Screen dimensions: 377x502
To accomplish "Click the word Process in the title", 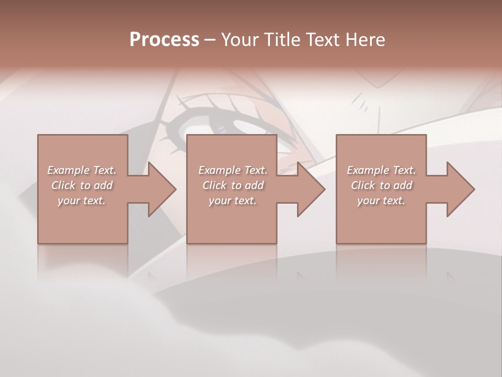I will pyautogui.click(x=164, y=40).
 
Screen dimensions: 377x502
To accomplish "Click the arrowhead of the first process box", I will pyautogui.click(x=162, y=189).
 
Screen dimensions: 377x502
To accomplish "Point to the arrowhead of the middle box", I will pyautogui.click(x=311, y=189).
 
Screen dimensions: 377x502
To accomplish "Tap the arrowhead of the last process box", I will pyautogui.click(x=461, y=189).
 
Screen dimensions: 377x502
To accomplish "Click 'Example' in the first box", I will pyautogui.click(x=68, y=170).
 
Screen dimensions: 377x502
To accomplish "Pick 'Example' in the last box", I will pyautogui.click(x=368, y=170).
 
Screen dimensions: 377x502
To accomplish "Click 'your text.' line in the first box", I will pyautogui.click(x=81, y=201).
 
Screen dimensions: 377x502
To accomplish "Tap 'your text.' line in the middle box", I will pyautogui.click(x=232, y=201).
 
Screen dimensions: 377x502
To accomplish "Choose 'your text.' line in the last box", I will pyautogui.click(x=381, y=201).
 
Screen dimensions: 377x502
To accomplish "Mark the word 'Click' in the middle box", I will pyautogui.click(x=214, y=185).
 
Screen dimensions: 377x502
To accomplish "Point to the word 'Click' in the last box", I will pyautogui.click(x=362, y=185).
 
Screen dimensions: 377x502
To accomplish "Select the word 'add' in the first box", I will pyautogui.click(x=103, y=185).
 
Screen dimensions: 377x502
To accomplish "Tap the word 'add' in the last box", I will pyautogui.click(x=403, y=185).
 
